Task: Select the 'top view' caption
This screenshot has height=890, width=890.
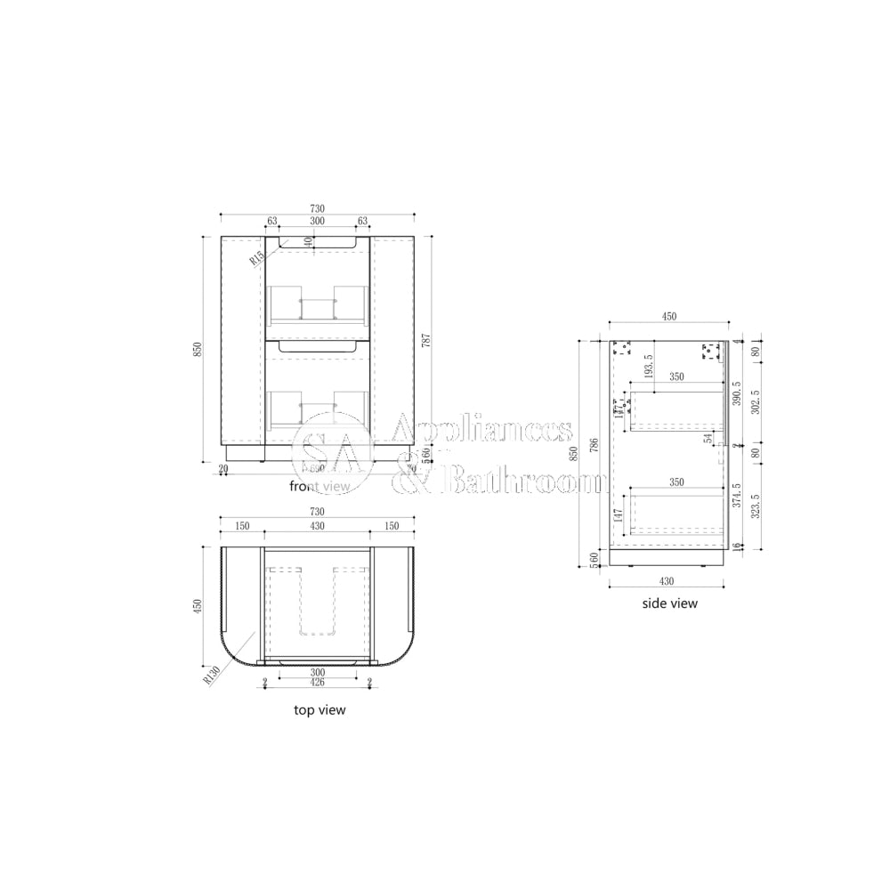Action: tap(320, 710)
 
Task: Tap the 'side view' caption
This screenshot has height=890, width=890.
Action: tap(670, 603)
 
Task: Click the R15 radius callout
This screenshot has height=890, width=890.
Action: tap(256, 257)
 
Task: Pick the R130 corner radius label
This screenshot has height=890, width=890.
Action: tap(211, 673)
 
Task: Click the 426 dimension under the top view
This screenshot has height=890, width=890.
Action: tap(317, 683)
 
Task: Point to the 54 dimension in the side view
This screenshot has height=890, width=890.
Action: tap(708, 439)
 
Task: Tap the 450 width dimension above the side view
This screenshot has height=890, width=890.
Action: tap(668, 316)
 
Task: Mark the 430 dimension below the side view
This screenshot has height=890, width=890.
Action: tap(667, 580)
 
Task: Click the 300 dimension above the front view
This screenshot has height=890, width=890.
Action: tap(317, 221)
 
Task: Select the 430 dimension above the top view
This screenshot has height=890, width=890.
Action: tap(317, 526)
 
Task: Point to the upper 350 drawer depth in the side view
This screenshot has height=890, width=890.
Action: tap(676, 377)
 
